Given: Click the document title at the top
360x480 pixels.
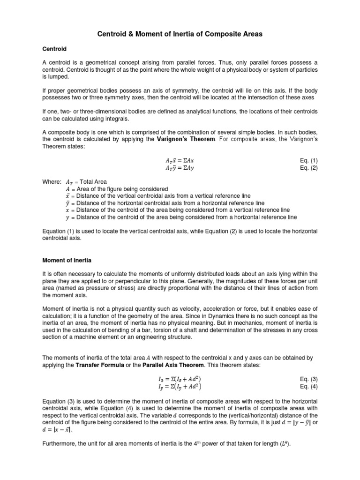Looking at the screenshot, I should tap(180, 34).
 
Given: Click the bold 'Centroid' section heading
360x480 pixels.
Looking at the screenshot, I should tap(55, 49).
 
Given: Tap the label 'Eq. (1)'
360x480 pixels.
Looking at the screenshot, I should tap(309, 160).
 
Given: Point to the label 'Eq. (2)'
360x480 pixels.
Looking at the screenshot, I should tap(309, 167).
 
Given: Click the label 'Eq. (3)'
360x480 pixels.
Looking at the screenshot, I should tap(309, 378).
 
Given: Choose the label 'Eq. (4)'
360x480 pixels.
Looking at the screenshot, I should tap(309, 386).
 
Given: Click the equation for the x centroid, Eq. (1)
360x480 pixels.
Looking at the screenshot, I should tap(180, 160).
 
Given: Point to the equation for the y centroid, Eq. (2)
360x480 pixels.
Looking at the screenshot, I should tap(180, 167).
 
